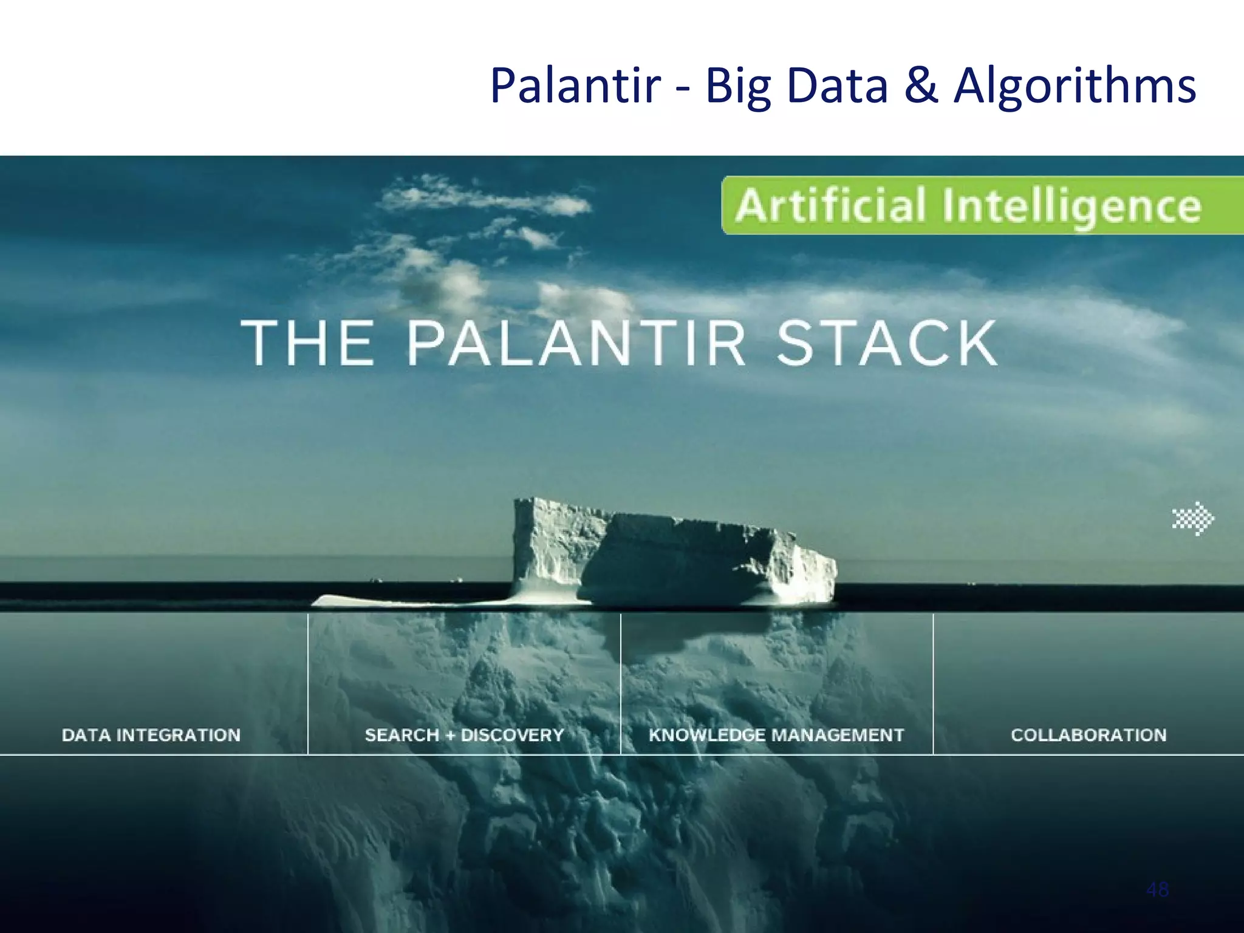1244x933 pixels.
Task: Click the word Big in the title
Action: click(x=738, y=86)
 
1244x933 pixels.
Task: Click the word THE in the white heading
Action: click(x=308, y=343)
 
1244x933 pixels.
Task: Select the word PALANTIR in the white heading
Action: click(x=576, y=343)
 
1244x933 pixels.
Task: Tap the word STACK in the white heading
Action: click(x=887, y=343)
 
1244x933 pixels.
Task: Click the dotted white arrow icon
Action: click(x=1193, y=518)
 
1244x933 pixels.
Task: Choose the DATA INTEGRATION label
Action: click(x=151, y=735)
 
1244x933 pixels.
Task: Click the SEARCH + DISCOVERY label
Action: click(x=464, y=735)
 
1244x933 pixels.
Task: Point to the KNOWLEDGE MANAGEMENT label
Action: click(x=776, y=735)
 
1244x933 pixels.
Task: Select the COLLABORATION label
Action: click(x=1088, y=735)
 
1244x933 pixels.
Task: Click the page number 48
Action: click(x=1157, y=890)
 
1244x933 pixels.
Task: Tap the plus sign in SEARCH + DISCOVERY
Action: click(x=450, y=736)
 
